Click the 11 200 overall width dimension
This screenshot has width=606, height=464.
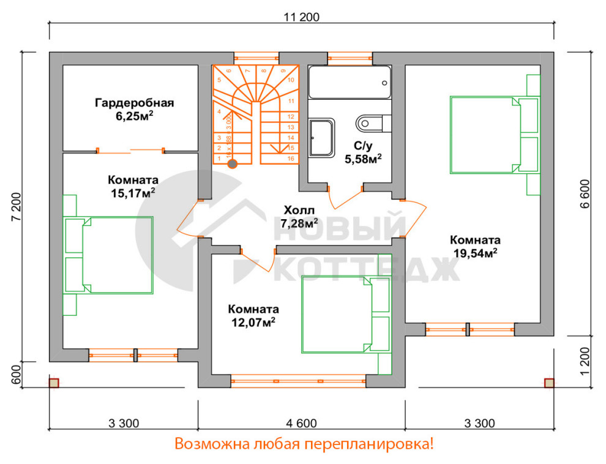[x=302, y=17]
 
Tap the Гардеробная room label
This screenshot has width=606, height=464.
[x=134, y=103]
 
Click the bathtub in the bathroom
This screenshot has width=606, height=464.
[x=350, y=82]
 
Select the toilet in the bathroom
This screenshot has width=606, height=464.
[x=371, y=122]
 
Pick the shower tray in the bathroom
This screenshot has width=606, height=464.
[x=322, y=138]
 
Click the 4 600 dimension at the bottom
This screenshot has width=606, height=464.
[x=302, y=423]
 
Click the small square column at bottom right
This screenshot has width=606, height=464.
[x=549, y=383]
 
